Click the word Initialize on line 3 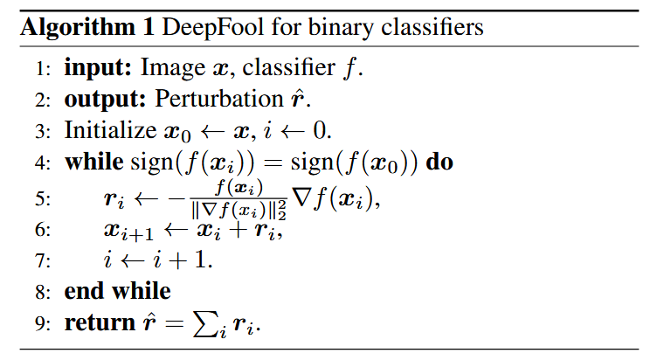(102, 131)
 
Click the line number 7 (45, 260)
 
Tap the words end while (117, 290)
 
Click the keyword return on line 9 (99, 322)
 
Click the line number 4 (45, 163)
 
